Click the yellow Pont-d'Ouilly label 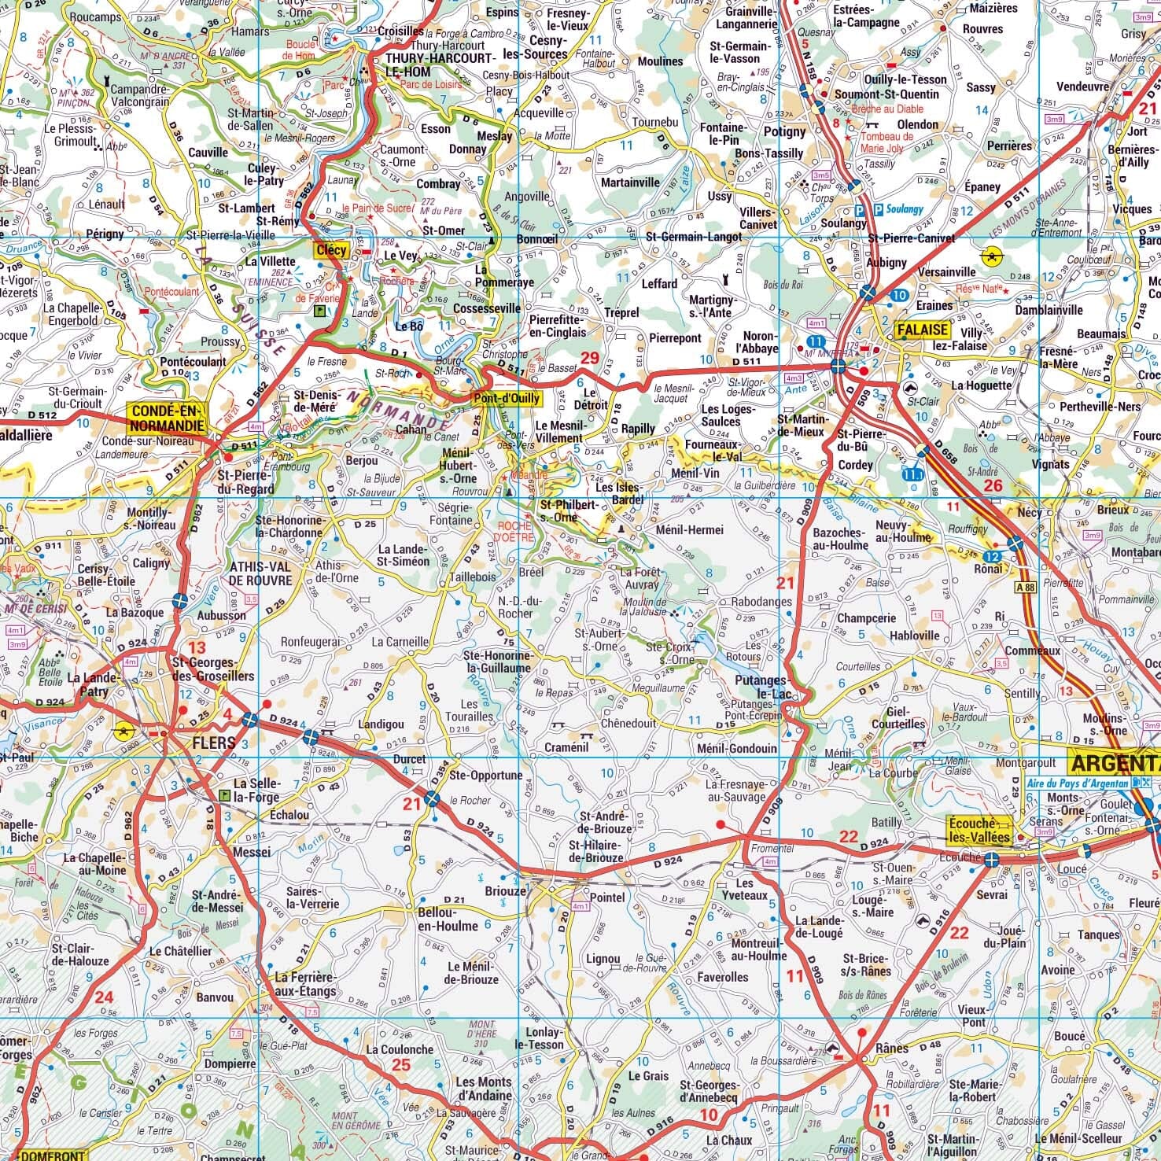[x=507, y=398]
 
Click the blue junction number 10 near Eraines [x=900, y=295]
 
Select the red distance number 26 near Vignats [x=993, y=485]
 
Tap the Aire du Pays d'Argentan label [x=1079, y=783]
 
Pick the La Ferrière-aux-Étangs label [x=306, y=985]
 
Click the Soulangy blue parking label [x=903, y=210]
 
